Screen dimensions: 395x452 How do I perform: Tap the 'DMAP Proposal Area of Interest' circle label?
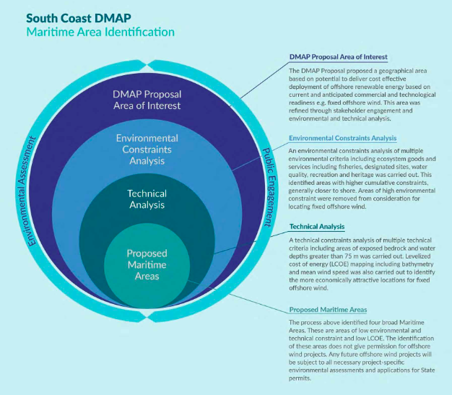click(x=147, y=100)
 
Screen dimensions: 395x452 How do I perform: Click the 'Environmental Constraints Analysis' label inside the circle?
click(x=147, y=149)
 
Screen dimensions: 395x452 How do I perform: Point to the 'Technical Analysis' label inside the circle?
click(x=147, y=199)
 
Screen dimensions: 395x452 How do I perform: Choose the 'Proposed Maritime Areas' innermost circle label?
click(x=147, y=264)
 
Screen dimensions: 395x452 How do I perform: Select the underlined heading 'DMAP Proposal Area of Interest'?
click(x=338, y=56)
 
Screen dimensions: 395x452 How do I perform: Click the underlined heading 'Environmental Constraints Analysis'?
click(x=342, y=138)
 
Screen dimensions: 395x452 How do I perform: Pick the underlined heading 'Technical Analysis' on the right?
click(x=316, y=227)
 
